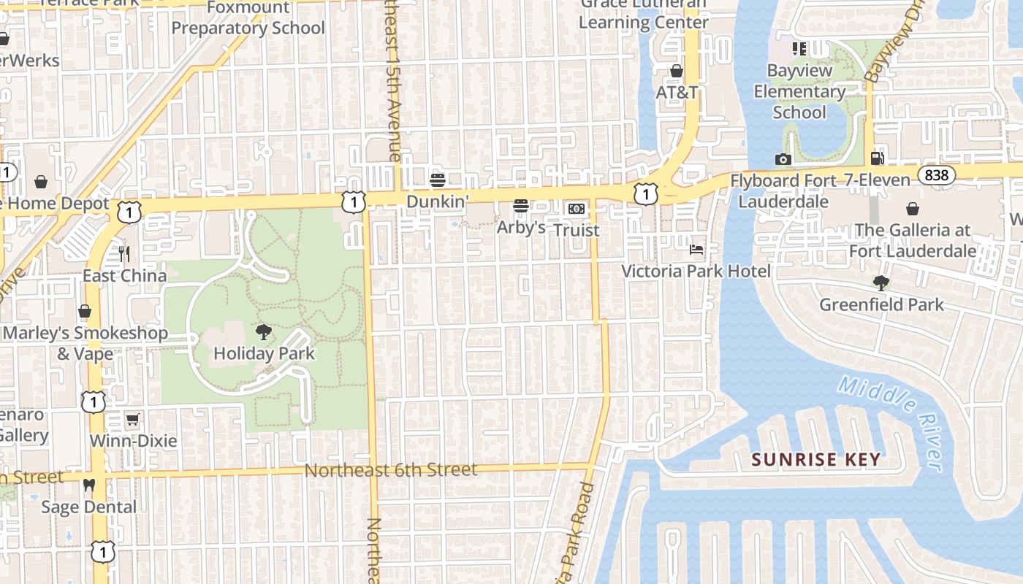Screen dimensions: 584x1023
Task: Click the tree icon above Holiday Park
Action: (264, 333)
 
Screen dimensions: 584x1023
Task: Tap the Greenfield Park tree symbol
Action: (881, 283)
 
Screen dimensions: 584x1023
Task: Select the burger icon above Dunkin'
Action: (438, 180)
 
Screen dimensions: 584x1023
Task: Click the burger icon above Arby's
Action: (521, 207)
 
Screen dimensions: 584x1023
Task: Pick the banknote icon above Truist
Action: (577, 209)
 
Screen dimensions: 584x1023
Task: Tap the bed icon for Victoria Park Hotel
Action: (696, 250)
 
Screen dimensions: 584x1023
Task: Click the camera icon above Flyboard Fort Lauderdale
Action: (783, 159)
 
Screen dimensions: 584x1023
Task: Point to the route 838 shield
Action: (936, 175)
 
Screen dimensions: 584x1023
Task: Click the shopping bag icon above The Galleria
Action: (913, 210)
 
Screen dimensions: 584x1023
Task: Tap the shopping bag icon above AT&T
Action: (677, 71)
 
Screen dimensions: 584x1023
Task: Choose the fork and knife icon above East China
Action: (124, 254)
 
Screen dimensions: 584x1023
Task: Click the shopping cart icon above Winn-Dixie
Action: (132, 420)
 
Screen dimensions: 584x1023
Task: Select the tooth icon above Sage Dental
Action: (89, 485)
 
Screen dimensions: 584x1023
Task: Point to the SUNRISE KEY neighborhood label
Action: (816, 460)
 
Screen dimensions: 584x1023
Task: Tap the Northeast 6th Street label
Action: (391, 470)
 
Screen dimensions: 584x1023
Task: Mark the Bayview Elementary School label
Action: (799, 92)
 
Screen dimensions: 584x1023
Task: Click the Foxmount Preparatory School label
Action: (248, 18)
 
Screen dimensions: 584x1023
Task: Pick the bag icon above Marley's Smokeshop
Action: (85, 312)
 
